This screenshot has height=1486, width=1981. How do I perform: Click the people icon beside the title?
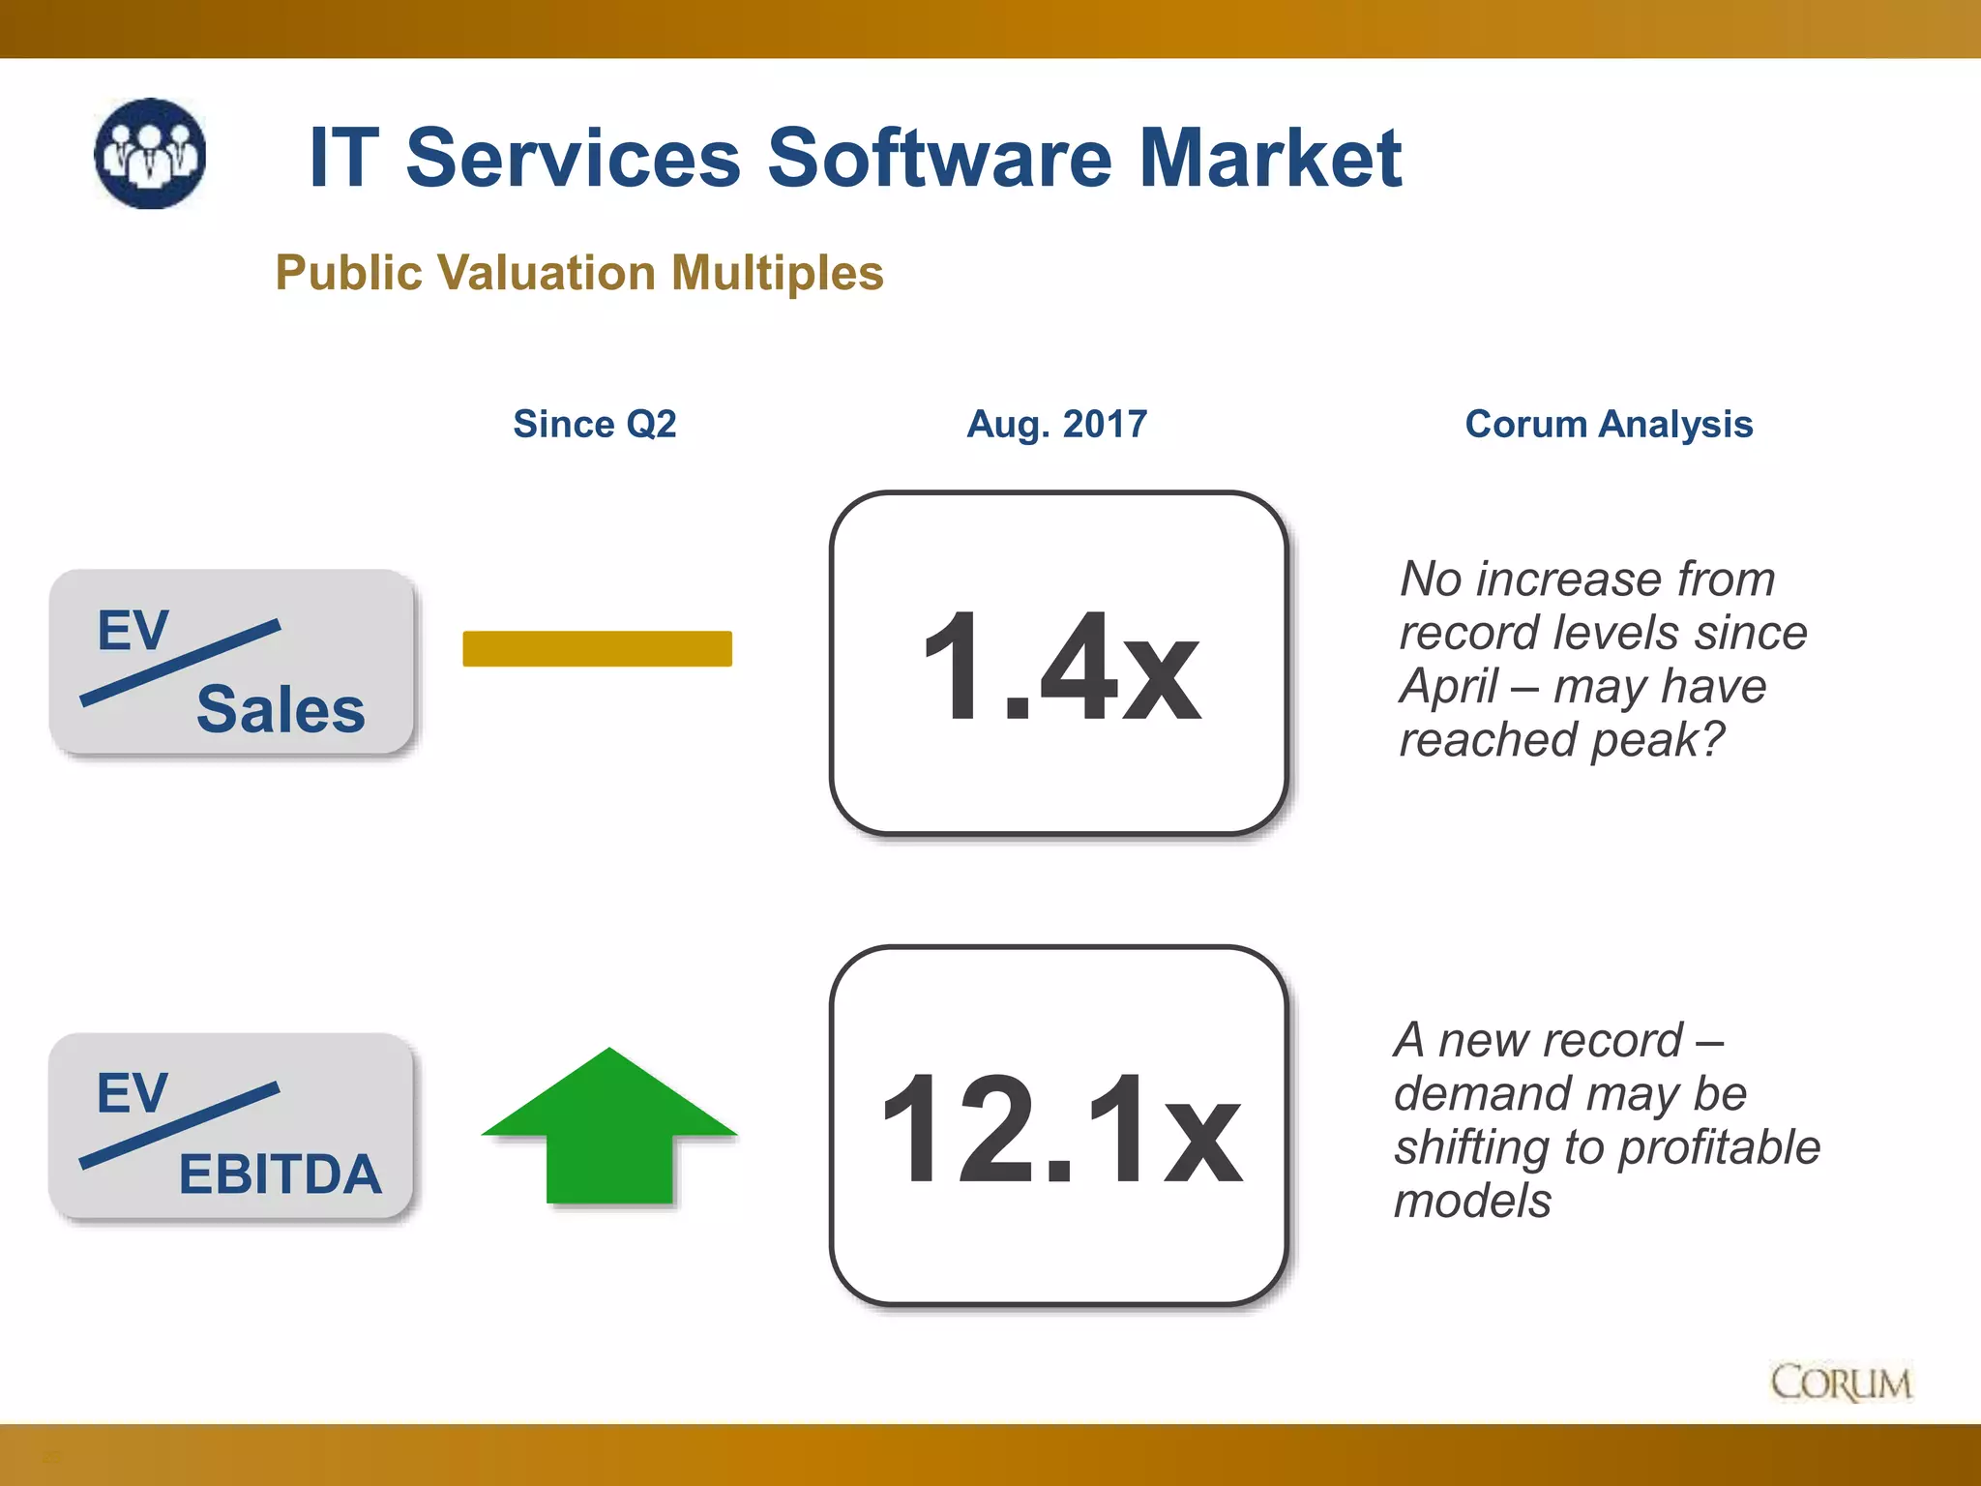[x=150, y=154]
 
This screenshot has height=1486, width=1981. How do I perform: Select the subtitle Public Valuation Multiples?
[x=578, y=273]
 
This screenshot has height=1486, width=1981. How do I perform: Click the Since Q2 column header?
[x=594, y=424]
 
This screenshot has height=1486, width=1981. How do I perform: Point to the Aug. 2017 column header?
[x=1056, y=424]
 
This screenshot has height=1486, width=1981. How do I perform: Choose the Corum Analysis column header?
[x=1608, y=424]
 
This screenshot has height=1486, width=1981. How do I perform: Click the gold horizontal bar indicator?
[x=597, y=648]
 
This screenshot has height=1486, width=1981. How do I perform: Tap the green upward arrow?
[x=609, y=1127]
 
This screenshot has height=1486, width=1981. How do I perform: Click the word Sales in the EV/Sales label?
[x=281, y=709]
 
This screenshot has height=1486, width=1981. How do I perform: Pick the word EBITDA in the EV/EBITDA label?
[x=281, y=1174]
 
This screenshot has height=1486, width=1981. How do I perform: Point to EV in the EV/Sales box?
[x=133, y=631]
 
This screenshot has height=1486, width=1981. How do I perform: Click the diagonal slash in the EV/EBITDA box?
[x=180, y=1125]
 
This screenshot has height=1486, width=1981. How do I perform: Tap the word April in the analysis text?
[x=1449, y=686]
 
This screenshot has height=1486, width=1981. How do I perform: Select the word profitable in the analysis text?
[x=1719, y=1147]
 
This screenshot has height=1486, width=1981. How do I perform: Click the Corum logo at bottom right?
[x=1840, y=1382]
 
